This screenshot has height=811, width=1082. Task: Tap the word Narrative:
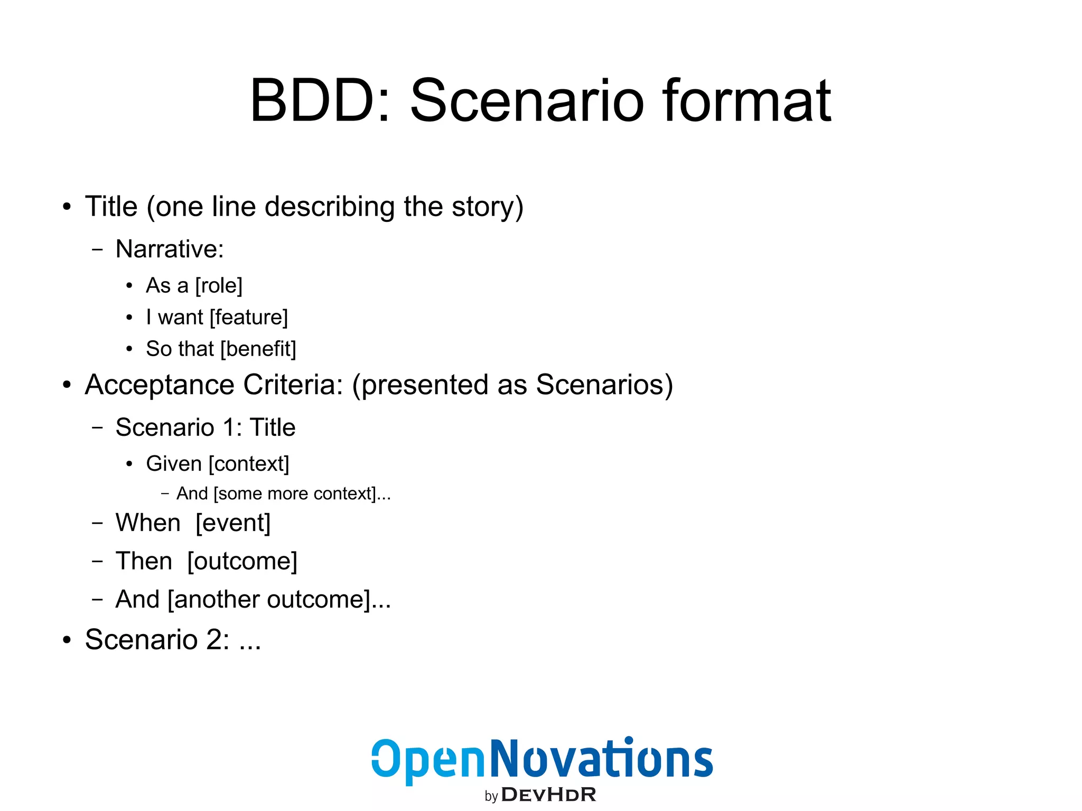click(x=170, y=249)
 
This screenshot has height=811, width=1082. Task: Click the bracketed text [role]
click(x=219, y=286)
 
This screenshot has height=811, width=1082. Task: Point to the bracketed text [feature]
click(x=249, y=318)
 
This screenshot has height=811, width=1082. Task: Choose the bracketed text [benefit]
click(x=258, y=349)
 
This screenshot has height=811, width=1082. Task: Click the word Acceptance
click(x=159, y=385)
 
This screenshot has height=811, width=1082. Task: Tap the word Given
click(x=174, y=464)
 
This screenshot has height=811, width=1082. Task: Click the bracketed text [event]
click(x=233, y=523)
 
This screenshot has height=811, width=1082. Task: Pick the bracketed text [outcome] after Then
click(x=242, y=561)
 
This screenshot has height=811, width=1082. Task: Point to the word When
click(x=148, y=523)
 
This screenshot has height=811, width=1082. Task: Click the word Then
click(x=144, y=561)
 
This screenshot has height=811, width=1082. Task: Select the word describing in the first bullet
click(x=330, y=207)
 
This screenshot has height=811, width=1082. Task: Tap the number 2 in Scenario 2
click(x=214, y=640)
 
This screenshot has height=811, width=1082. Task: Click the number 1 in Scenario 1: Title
click(x=230, y=427)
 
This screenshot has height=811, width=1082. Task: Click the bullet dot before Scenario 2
click(x=67, y=640)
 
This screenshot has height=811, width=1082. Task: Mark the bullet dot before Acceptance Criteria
click(x=67, y=385)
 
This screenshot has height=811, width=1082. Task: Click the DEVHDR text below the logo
click(x=548, y=795)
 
